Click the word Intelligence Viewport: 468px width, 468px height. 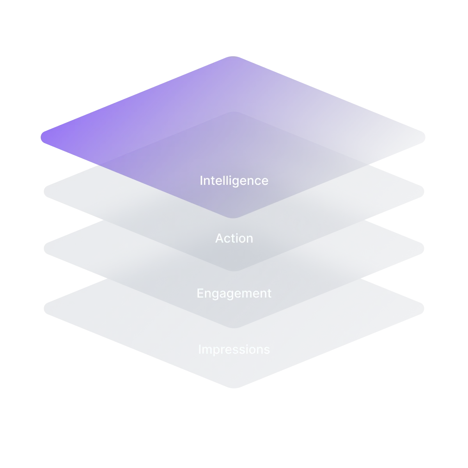234,181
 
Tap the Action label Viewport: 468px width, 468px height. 234,238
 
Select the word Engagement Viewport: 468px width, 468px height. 234,293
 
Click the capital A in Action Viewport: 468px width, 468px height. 220,238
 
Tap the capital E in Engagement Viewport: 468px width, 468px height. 200,293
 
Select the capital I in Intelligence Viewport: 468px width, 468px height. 201,181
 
